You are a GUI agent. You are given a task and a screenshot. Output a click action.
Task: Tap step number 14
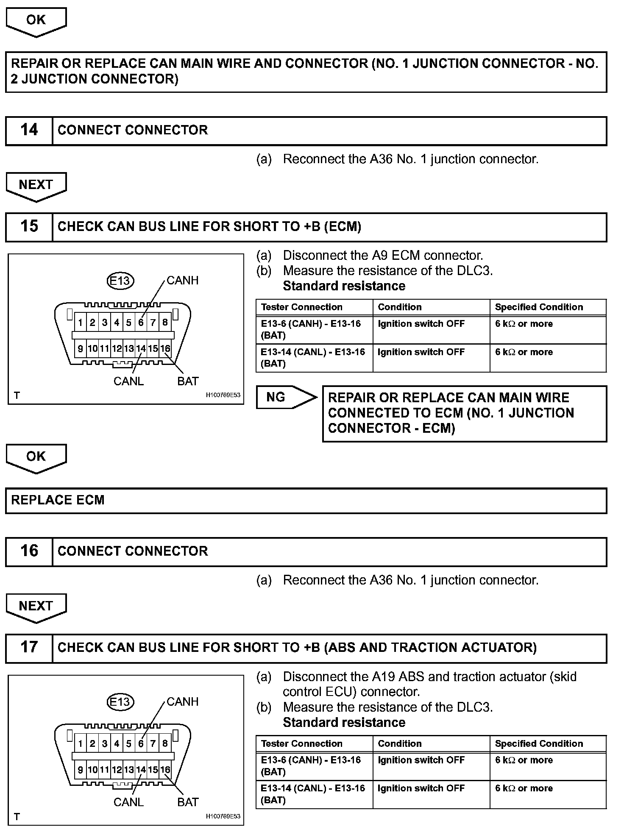tap(29, 130)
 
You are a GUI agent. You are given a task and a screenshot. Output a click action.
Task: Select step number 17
tap(29, 647)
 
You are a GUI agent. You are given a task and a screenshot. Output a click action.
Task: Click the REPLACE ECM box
tap(306, 500)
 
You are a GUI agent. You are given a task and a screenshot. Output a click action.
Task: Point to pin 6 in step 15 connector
tap(141, 323)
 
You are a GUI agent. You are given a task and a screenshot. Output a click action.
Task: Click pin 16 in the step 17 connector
tap(165, 769)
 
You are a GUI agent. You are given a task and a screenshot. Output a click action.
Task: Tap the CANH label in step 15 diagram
tap(182, 280)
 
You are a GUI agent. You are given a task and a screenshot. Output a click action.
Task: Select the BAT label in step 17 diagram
tap(188, 802)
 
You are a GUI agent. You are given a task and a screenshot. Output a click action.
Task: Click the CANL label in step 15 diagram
tap(128, 381)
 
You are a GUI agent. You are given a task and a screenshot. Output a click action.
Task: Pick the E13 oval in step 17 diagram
tap(120, 702)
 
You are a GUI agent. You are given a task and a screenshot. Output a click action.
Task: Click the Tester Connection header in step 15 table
tap(301, 307)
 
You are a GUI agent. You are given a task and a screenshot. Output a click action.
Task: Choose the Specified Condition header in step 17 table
tap(539, 743)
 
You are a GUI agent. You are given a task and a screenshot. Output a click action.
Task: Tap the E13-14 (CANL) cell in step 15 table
tap(313, 358)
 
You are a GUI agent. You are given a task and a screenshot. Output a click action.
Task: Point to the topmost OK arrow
tap(36, 21)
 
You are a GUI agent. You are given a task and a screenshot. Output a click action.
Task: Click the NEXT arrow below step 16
tap(36, 607)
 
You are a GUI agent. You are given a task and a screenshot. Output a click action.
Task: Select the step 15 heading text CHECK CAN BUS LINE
tap(209, 226)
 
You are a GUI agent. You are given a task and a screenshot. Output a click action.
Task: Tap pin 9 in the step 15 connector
tap(80, 348)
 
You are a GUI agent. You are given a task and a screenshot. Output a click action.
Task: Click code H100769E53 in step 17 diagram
tap(223, 816)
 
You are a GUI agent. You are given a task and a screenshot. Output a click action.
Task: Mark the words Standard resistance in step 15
tap(344, 286)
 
